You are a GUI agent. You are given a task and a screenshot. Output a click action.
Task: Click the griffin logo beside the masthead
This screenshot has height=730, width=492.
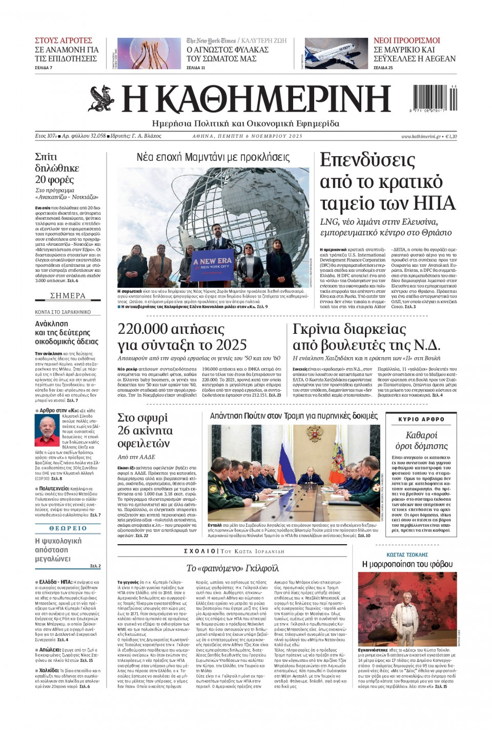click(x=101, y=99)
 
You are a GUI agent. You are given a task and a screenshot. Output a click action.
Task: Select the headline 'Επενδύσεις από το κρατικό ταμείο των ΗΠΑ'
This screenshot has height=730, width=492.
click(x=387, y=182)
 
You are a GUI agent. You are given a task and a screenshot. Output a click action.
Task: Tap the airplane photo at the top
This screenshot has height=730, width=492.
click(x=336, y=53)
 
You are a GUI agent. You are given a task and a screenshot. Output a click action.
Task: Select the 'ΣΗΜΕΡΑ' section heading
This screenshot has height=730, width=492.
click(x=68, y=296)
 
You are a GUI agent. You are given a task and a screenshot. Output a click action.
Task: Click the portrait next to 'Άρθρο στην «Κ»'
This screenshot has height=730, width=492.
click(x=47, y=430)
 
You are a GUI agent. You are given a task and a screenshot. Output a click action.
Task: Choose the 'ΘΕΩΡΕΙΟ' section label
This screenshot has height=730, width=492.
click(x=68, y=528)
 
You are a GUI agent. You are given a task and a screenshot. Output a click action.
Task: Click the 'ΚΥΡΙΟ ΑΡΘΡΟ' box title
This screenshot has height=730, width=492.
click(x=421, y=419)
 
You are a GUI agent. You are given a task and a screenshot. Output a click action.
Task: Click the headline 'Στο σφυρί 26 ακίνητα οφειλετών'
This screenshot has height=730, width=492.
click(x=145, y=430)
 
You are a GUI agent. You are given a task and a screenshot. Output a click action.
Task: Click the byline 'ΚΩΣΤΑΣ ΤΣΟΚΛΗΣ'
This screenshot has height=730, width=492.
click(x=407, y=554)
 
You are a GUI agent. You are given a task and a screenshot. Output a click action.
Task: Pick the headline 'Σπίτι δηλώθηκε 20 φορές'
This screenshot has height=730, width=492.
click(x=57, y=168)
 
